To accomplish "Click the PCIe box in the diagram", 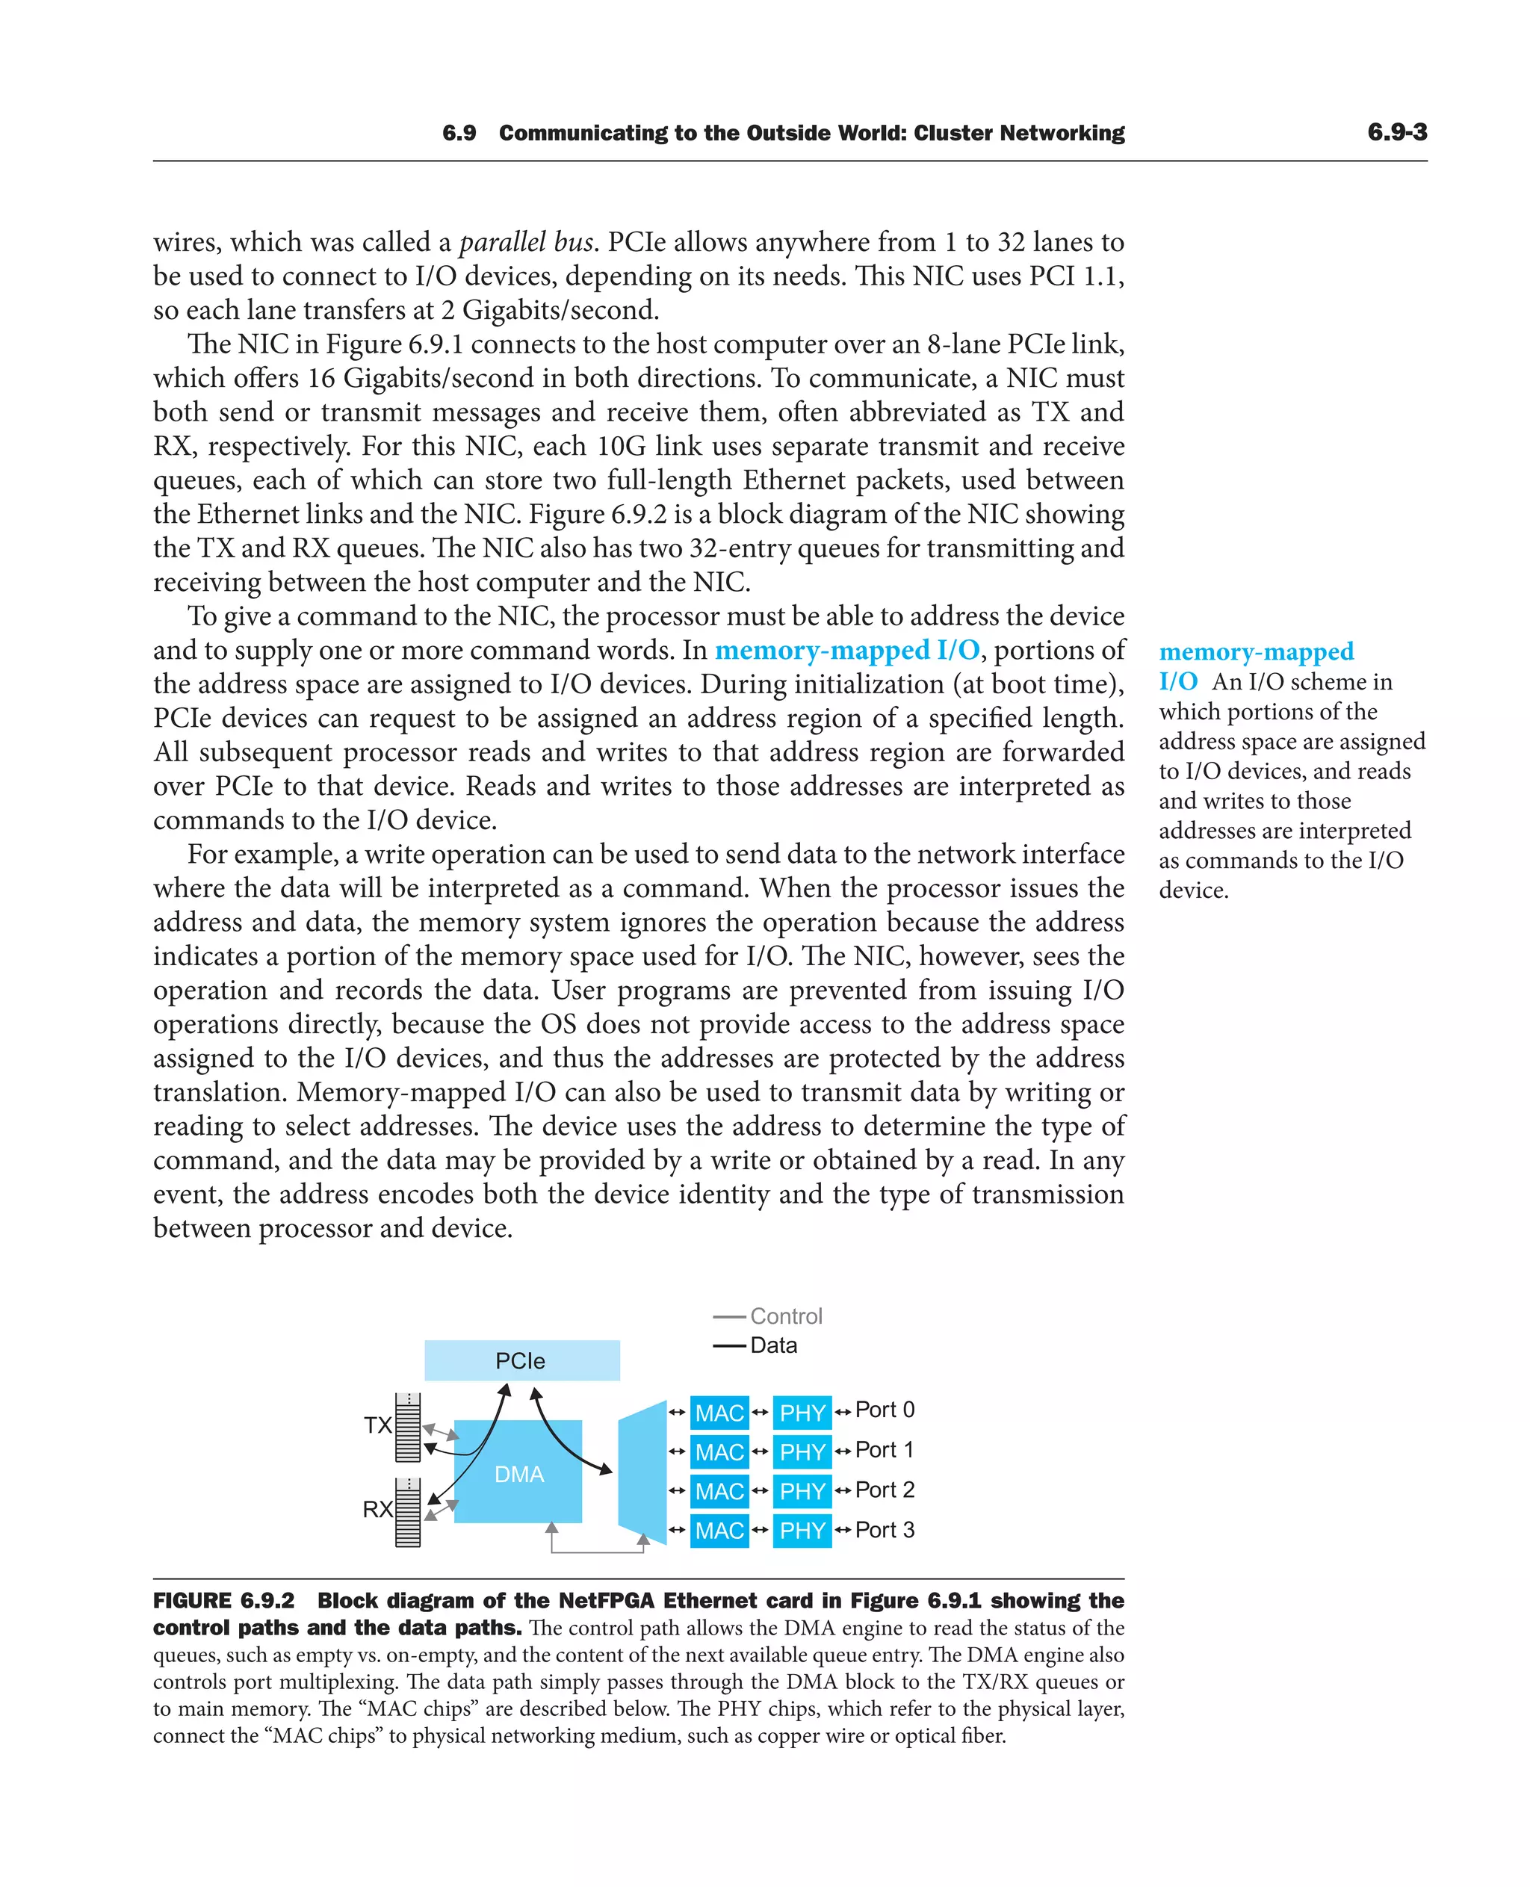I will point(521,1360).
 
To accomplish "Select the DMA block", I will point(518,1475).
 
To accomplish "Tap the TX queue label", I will point(377,1425).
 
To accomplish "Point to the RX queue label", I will point(377,1509).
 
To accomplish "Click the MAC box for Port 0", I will point(719,1413).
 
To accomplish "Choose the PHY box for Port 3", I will point(802,1530).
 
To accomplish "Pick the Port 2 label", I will point(884,1490).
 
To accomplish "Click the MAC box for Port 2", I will point(719,1491).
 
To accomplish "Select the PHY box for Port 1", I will point(802,1451).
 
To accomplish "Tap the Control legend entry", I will point(785,1316).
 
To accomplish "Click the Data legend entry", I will point(773,1345).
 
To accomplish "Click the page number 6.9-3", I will point(1397,132).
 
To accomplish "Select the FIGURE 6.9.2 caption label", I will point(224,1601).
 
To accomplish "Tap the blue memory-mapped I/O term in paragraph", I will point(846,651).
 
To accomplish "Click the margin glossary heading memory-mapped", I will point(1256,652).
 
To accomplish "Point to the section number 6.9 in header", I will point(459,133).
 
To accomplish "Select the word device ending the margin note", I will point(1192,890).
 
